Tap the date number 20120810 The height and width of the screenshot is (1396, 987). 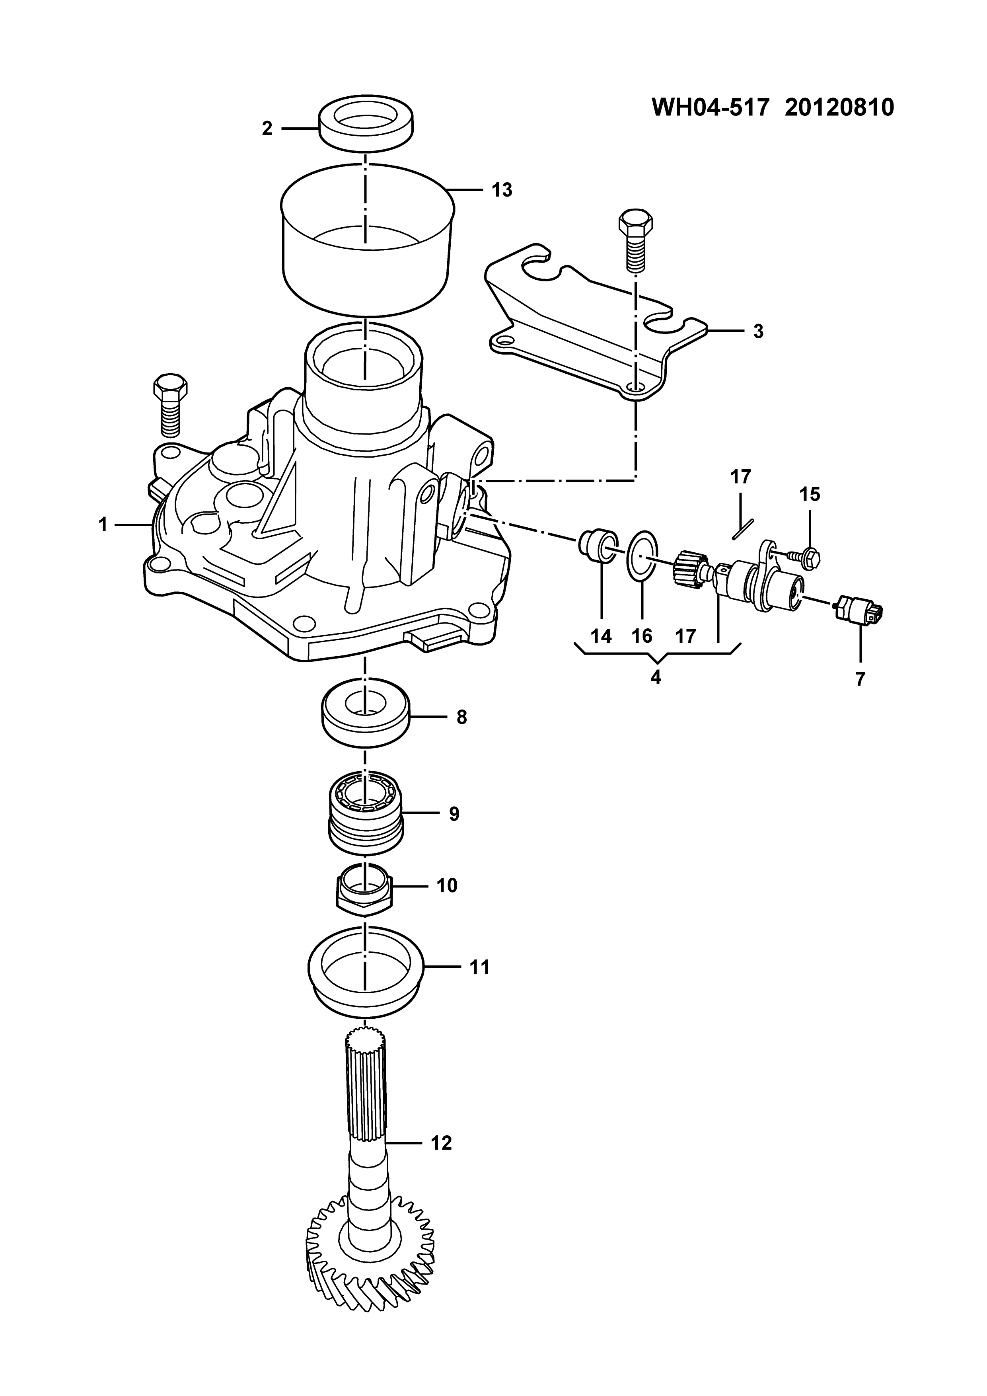[839, 107]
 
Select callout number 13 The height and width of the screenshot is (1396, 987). [502, 190]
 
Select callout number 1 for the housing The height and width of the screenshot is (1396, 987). [103, 524]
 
